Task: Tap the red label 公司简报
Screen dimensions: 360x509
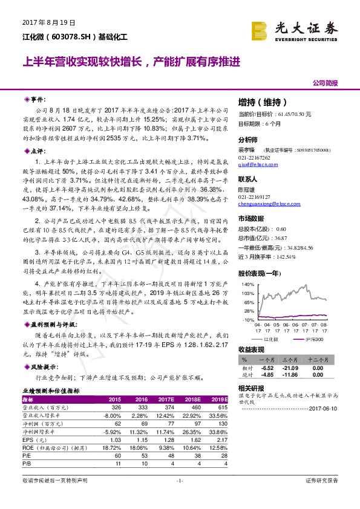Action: (x=325, y=83)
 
